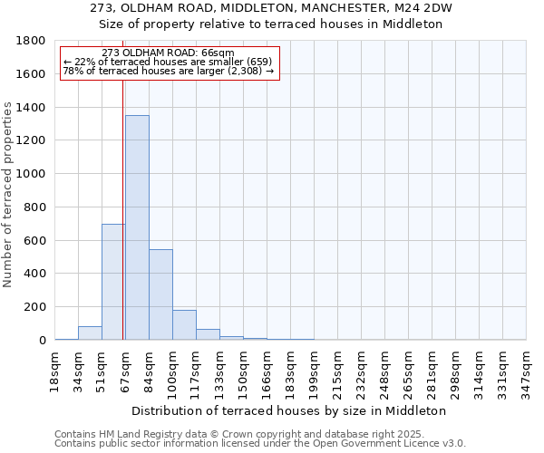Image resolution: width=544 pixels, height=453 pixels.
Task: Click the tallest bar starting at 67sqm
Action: click(x=137, y=227)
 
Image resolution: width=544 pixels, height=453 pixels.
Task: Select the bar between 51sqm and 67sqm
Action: click(x=113, y=282)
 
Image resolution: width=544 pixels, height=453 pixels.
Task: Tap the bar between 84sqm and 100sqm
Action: click(x=160, y=294)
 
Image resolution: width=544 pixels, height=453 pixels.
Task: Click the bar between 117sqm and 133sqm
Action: click(x=208, y=334)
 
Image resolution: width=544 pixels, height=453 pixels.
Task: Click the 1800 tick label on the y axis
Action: click(x=32, y=41)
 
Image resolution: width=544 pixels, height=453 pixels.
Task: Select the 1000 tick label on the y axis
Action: click(x=32, y=174)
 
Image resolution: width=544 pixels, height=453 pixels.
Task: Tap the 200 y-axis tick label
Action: click(x=35, y=307)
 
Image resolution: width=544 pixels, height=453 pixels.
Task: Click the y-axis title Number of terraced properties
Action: click(x=8, y=195)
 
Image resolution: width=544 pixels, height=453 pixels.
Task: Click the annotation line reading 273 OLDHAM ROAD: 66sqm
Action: click(x=169, y=53)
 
